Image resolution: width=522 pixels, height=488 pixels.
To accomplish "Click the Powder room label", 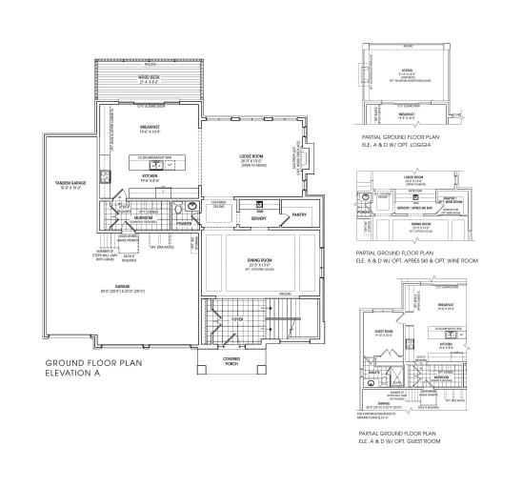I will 184,225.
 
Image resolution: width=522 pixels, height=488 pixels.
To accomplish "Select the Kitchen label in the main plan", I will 150,177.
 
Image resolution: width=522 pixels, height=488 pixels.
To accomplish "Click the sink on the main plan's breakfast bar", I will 151,164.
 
